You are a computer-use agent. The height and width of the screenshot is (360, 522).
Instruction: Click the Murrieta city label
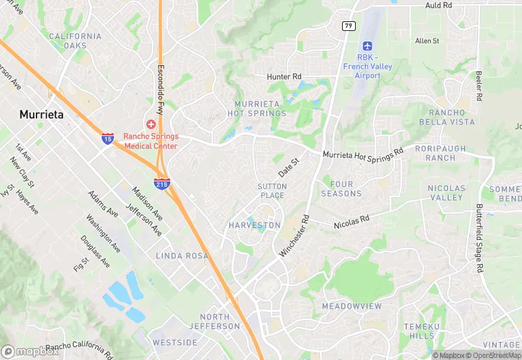(x=42, y=115)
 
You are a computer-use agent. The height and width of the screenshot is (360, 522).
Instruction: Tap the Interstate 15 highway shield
(x=109, y=138)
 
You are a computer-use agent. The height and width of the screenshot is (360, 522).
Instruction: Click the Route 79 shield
(x=348, y=25)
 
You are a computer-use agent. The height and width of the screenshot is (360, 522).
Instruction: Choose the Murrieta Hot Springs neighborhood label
(x=257, y=108)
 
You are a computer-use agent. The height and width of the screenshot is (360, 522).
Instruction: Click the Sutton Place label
(x=271, y=191)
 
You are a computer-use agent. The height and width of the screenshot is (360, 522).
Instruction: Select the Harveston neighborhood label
(x=254, y=225)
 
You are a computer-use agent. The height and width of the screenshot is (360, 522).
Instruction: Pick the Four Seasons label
(x=341, y=189)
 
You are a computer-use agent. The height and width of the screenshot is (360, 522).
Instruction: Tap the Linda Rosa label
(x=182, y=256)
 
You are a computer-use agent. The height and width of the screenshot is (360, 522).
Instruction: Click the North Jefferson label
(x=215, y=321)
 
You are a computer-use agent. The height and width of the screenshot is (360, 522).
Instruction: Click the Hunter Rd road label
(x=284, y=77)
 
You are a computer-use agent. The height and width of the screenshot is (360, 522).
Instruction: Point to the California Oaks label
(x=75, y=41)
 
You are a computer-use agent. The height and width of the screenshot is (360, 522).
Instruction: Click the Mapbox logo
(x=30, y=351)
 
